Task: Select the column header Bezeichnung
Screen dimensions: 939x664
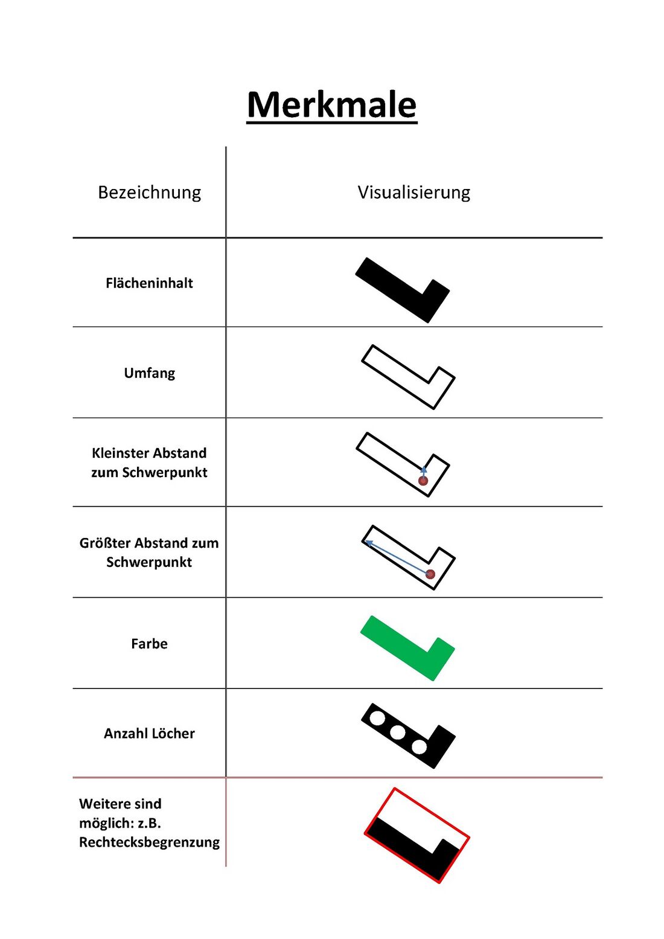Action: point(149,192)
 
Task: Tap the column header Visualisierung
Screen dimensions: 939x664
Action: point(413,192)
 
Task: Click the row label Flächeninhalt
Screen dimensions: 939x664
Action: point(149,283)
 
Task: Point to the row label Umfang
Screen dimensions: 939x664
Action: point(149,373)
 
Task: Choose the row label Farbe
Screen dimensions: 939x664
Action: point(149,643)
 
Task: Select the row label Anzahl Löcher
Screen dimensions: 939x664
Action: point(149,733)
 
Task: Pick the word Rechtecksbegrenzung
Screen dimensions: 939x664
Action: point(149,842)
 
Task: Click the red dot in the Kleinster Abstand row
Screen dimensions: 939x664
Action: point(423,481)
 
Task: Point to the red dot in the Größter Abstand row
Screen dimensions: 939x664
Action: point(430,574)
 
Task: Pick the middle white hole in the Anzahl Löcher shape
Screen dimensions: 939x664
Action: point(397,732)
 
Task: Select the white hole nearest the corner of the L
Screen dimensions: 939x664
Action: point(419,747)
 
